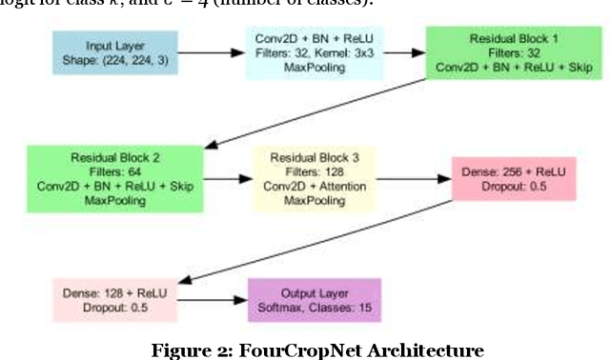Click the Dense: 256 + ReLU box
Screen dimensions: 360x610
tap(516, 178)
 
